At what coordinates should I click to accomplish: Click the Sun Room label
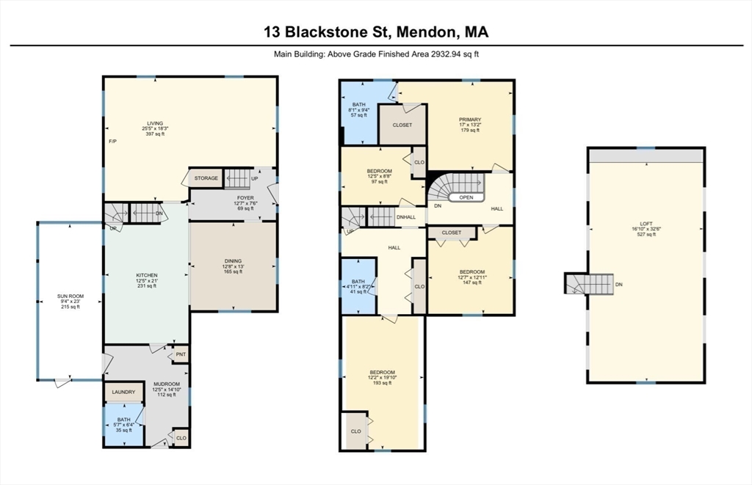pos(70,296)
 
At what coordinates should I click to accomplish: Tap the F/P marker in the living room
pos(112,141)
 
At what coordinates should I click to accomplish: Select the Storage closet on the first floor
pos(206,178)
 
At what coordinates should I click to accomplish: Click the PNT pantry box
pos(181,356)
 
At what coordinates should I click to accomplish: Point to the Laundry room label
pos(123,392)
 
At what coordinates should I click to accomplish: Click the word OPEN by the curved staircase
pos(466,197)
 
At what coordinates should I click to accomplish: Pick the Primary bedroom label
pos(470,120)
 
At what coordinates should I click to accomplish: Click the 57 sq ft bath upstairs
pos(358,110)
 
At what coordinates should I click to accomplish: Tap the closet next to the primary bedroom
pos(402,125)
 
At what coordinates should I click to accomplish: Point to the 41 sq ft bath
pos(358,286)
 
